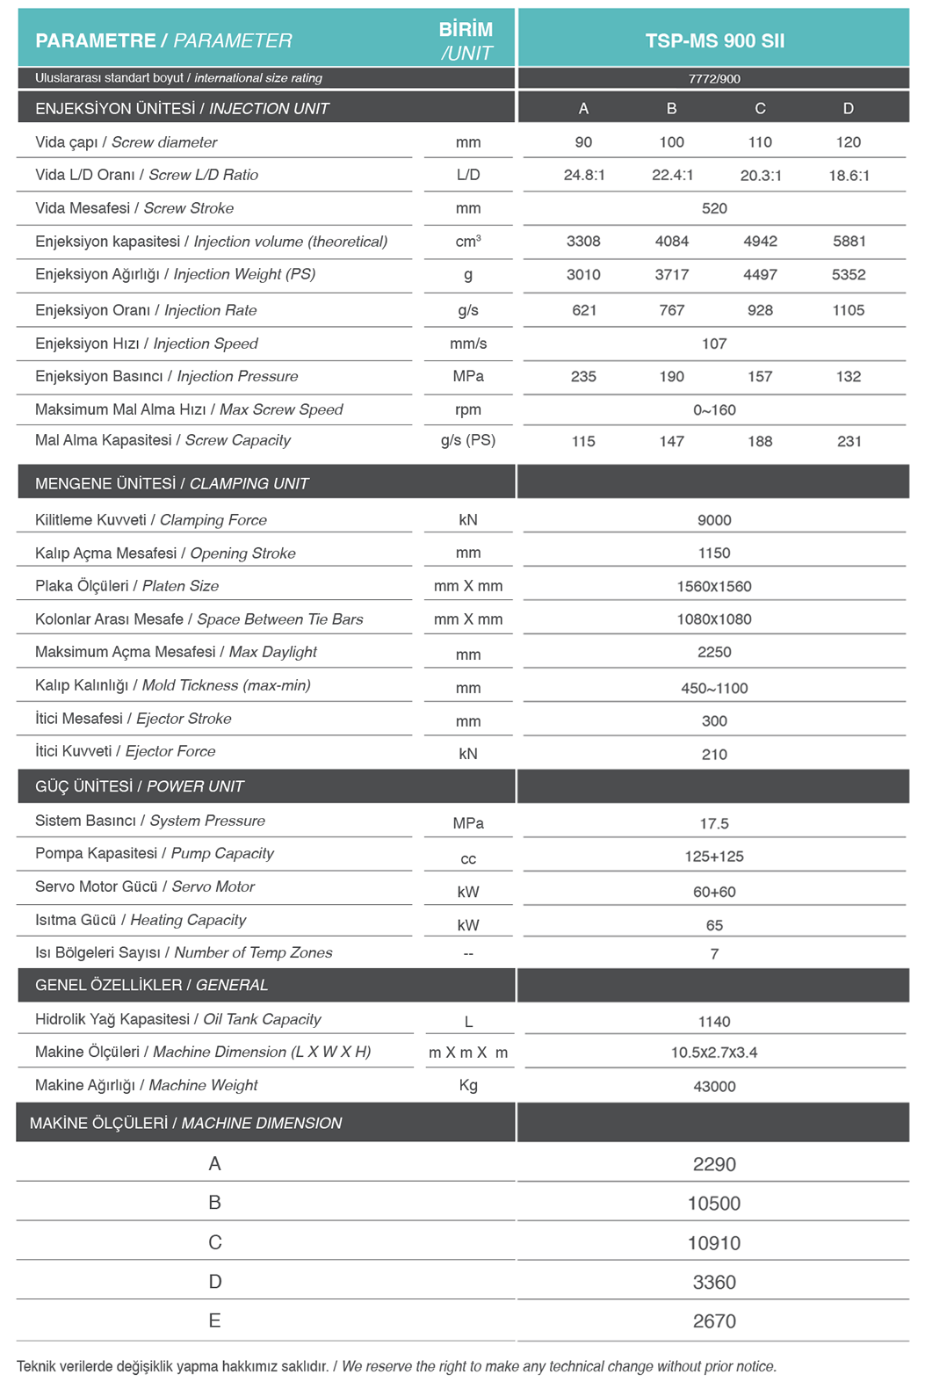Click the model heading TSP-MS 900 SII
[714, 40]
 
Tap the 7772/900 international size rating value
[714, 78]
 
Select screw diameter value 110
[760, 141]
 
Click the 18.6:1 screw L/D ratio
[849, 175]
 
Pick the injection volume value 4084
[672, 241]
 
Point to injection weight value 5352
[849, 274]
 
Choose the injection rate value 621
[584, 310]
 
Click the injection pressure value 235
[583, 376]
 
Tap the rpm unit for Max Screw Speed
[468, 409]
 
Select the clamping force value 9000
[714, 520]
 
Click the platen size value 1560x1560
[714, 586]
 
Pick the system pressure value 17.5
[714, 823]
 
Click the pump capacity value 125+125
[714, 856]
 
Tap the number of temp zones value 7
[714, 953]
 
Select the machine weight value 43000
[714, 1086]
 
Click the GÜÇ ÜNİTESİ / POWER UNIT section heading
[140, 786]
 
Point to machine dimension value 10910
[714, 1242]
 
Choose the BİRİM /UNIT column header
[466, 40]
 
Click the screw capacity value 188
[760, 441]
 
